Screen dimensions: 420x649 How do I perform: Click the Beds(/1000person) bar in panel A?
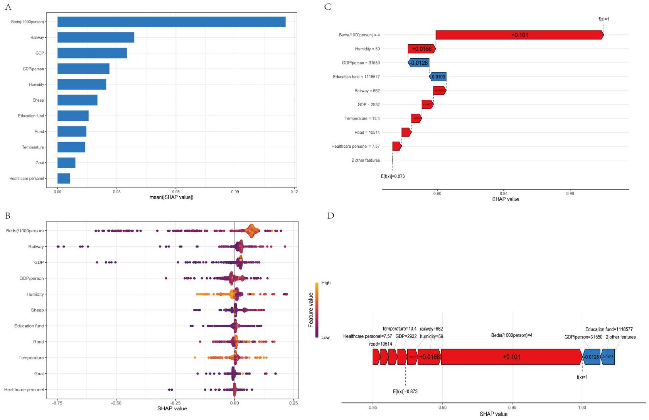172,22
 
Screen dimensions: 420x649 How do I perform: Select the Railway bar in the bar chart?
96,37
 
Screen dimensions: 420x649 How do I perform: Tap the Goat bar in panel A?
66,163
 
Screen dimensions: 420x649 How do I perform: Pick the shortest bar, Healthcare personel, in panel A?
64,179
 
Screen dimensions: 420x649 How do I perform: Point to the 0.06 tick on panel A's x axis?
175,191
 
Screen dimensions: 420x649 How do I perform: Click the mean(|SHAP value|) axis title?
171,197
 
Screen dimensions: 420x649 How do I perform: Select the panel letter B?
8,216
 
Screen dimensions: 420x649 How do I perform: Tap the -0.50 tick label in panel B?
116,402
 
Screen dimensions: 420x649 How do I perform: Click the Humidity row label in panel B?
35,294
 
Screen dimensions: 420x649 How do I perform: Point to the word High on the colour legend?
326,283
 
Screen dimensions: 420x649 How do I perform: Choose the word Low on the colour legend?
325,337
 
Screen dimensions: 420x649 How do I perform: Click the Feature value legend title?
310,310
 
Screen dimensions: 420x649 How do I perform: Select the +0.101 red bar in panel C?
519,35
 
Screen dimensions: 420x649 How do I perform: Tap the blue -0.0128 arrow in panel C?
419,63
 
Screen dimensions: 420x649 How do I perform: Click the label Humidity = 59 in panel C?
367,49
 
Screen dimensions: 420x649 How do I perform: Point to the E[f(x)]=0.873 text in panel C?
393,176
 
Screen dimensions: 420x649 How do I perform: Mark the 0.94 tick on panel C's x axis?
503,193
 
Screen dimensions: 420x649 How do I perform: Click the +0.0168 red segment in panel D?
429,357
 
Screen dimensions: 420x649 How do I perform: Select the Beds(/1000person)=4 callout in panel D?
511,336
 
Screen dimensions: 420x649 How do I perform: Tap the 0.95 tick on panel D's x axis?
512,407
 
